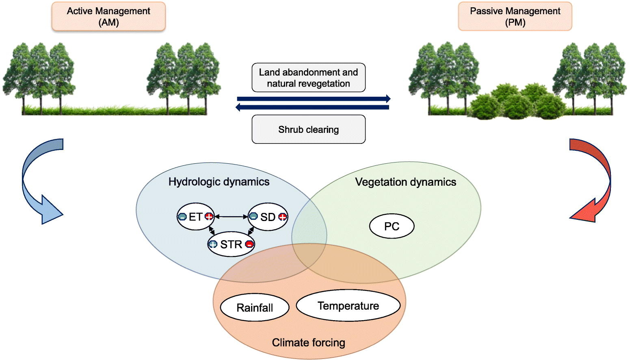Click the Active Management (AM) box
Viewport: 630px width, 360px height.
pos(108,17)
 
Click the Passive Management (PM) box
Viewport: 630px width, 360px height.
pos(515,17)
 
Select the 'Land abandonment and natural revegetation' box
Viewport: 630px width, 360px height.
pos(308,78)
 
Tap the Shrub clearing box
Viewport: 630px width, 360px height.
pos(308,130)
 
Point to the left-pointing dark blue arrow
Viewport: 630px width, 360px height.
pos(313,107)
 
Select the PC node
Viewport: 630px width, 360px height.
pos(392,226)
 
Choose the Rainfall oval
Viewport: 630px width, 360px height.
pos(255,308)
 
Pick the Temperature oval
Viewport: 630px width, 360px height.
pos(348,306)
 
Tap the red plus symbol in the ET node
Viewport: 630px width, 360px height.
pos(209,217)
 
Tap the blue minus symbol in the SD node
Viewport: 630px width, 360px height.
pos(253,217)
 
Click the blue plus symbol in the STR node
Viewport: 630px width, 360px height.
pos(213,244)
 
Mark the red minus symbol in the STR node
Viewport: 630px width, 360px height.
pos(249,244)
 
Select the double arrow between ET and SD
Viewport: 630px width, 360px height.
pos(231,217)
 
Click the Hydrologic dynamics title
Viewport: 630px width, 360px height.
pos(219,182)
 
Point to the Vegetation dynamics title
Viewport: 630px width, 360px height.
pos(405,182)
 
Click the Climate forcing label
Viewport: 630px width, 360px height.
pos(308,343)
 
